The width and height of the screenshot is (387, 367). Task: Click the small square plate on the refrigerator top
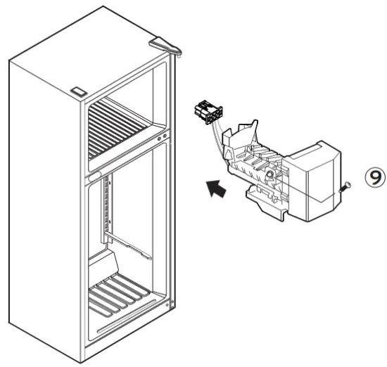pyautogui.click(x=77, y=91)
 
